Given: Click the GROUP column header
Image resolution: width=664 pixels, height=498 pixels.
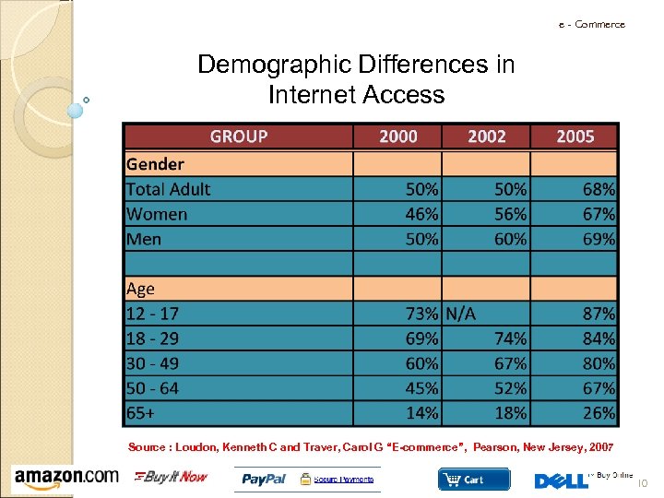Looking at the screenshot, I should [239, 136].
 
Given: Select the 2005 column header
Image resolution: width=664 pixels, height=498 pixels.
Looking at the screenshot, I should [575, 136].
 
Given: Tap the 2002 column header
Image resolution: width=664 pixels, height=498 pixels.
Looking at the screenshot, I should [486, 136].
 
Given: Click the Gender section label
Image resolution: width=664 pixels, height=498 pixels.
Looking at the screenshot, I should [155, 164].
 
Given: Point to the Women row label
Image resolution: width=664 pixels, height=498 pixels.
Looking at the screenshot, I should [157, 214].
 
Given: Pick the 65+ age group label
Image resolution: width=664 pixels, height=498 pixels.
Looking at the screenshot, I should [141, 412].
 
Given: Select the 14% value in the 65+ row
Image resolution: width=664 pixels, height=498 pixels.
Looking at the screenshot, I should [422, 412].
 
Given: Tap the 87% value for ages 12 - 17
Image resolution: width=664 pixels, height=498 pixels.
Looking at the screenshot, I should [599, 314].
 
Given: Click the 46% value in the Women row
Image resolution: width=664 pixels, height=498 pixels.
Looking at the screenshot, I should [422, 214].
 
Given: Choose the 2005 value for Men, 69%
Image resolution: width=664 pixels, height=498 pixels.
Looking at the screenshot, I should [599, 239].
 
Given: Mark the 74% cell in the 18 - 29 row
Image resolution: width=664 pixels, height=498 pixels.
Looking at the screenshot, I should [510, 338].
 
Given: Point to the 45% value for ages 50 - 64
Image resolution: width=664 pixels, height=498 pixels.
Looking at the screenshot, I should [422, 388].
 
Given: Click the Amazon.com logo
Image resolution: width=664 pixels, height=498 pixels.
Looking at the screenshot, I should [65, 477].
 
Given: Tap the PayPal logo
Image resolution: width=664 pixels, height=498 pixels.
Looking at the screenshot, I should [265, 479].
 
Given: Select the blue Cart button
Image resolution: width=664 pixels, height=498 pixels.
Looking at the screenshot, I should [473, 479].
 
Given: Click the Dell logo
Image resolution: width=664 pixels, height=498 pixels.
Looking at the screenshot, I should [560, 480].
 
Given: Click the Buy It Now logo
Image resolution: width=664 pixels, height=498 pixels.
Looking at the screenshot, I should [172, 477].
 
